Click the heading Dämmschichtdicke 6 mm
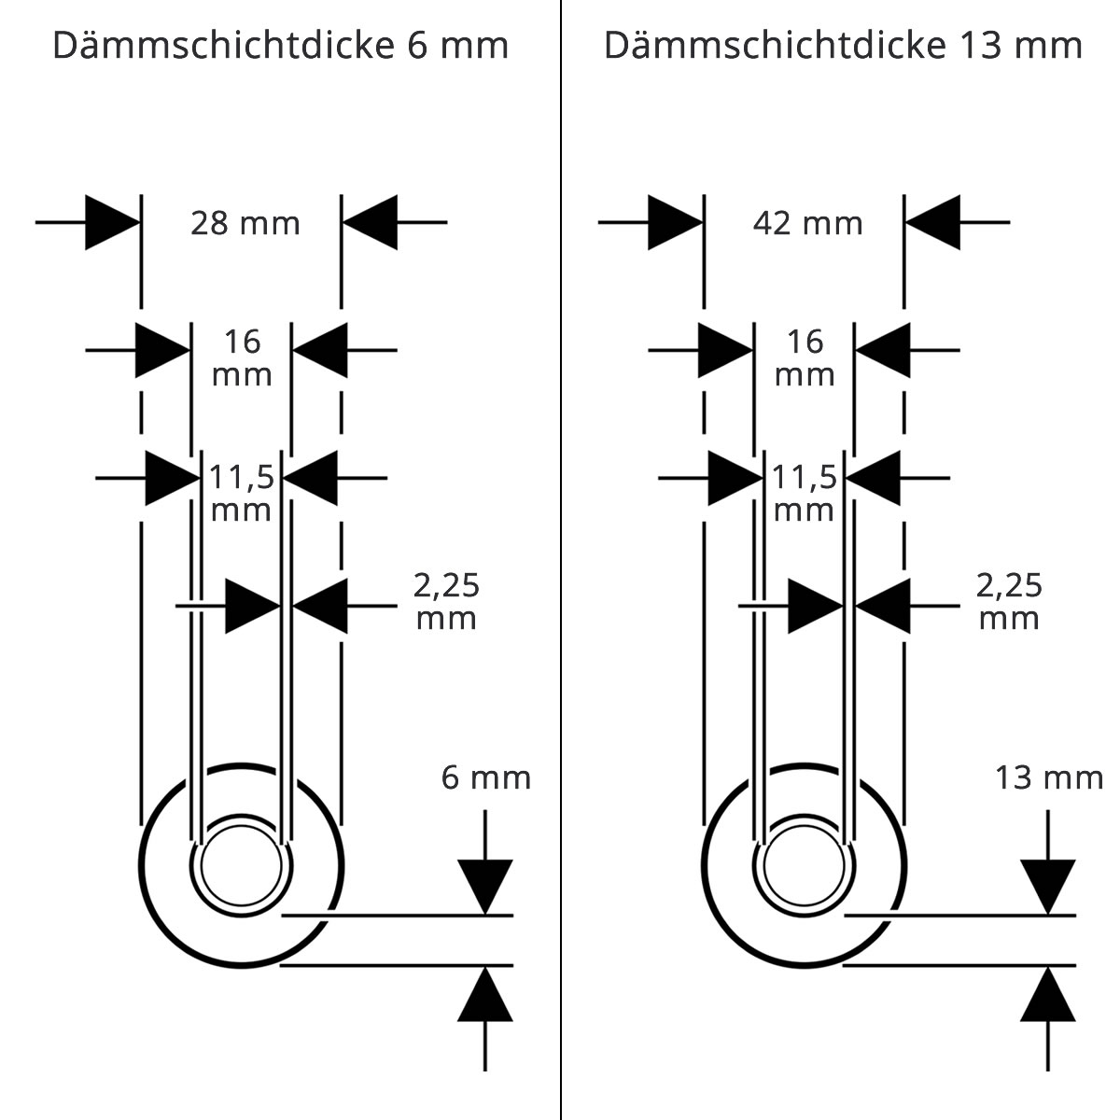(x=281, y=45)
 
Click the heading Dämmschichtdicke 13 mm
(x=844, y=45)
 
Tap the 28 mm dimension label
(x=245, y=223)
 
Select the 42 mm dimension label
(x=808, y=223)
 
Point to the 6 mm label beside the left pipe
(x=486, y=777)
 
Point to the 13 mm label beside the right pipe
(x=1049, y=777)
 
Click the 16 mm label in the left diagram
(x=242, y=358)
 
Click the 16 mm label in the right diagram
(x=805, y=358)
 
